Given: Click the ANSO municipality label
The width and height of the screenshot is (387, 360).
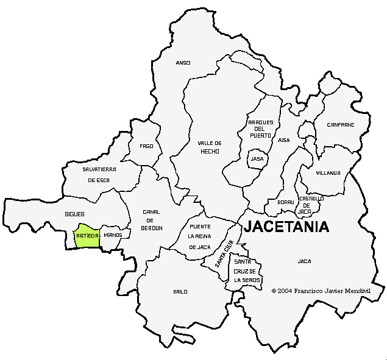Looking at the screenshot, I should tap(183, 63).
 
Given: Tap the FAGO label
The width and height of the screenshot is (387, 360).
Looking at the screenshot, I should tap(146, 146).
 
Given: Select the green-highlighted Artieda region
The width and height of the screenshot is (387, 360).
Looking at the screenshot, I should tap(86, 236).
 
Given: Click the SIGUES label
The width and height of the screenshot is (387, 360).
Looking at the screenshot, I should tap(74, 214).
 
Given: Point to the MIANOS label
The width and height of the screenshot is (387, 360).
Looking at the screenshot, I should tap(113, 235).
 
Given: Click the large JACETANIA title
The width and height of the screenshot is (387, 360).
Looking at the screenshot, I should tap(286, 227).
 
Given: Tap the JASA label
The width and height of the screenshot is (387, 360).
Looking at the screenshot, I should tap(257, 159).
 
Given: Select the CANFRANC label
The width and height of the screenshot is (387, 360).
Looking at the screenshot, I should tap(340, 125).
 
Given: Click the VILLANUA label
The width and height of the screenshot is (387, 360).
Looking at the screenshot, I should tap(328, 173).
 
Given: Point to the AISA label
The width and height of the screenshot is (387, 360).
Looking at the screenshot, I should tap(284, 140).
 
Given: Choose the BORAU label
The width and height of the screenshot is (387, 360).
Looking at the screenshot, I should tap(285, 202).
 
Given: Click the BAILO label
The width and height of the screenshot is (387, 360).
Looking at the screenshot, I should tap(180, 292).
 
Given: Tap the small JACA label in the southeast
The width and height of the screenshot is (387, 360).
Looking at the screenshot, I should tap(304, 261).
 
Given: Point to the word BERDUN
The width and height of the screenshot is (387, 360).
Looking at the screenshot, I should tap(152, 228).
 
